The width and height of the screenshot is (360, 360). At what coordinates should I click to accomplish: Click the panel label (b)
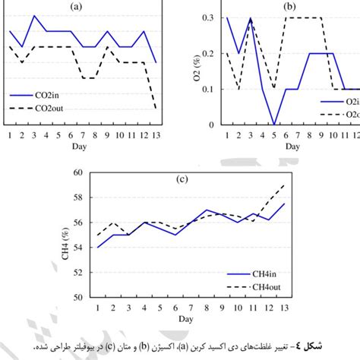point(289,6)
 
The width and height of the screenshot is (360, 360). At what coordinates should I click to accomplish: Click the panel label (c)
point(182,180)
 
